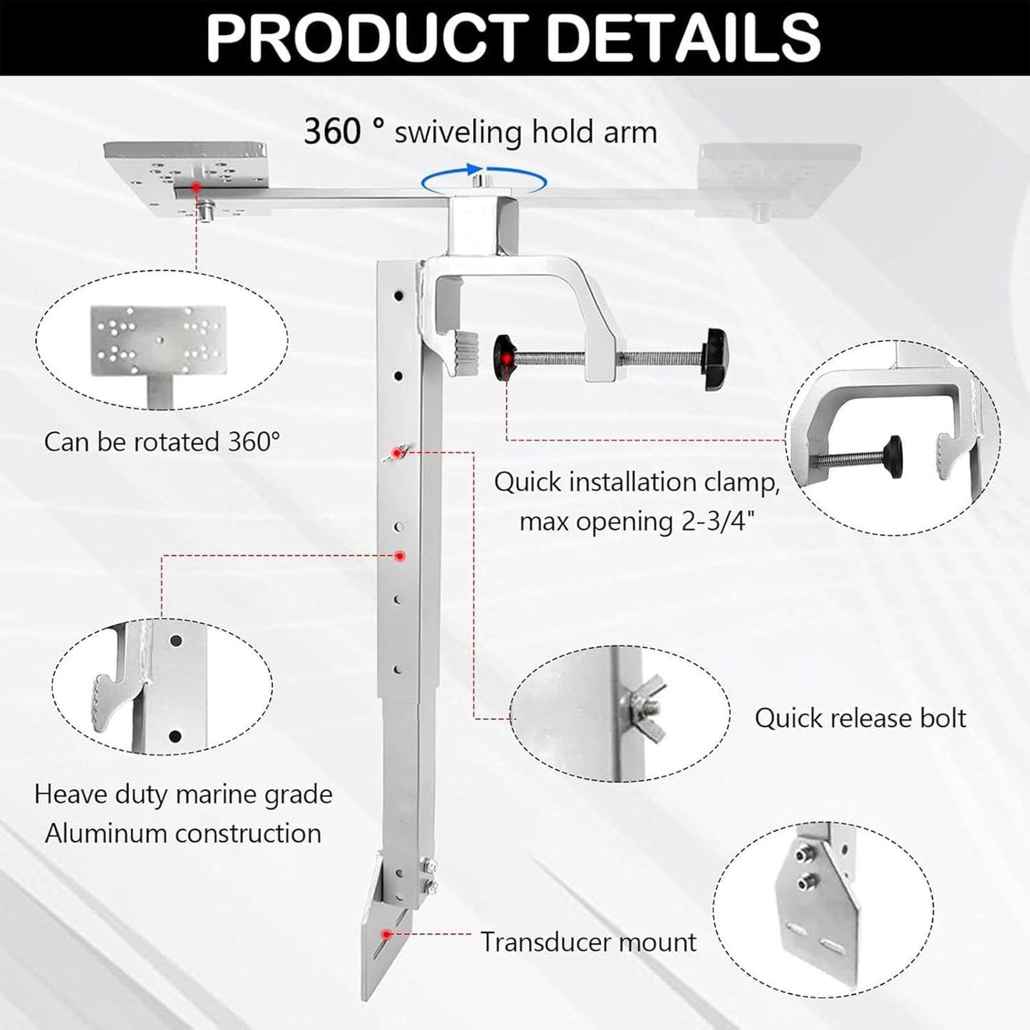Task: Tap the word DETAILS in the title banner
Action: [x=684, y=36]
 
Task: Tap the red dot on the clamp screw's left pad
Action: [x=505, y=358]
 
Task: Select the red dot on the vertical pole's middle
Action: [x=400, y=555]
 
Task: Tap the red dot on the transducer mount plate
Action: [x=386, y=934]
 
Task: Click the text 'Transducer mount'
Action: [x=588, y=942]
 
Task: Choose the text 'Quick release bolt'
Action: [x=860, y=718]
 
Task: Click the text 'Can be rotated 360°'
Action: [x=162, y=442]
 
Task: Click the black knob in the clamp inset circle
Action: [x=892, y=450]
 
